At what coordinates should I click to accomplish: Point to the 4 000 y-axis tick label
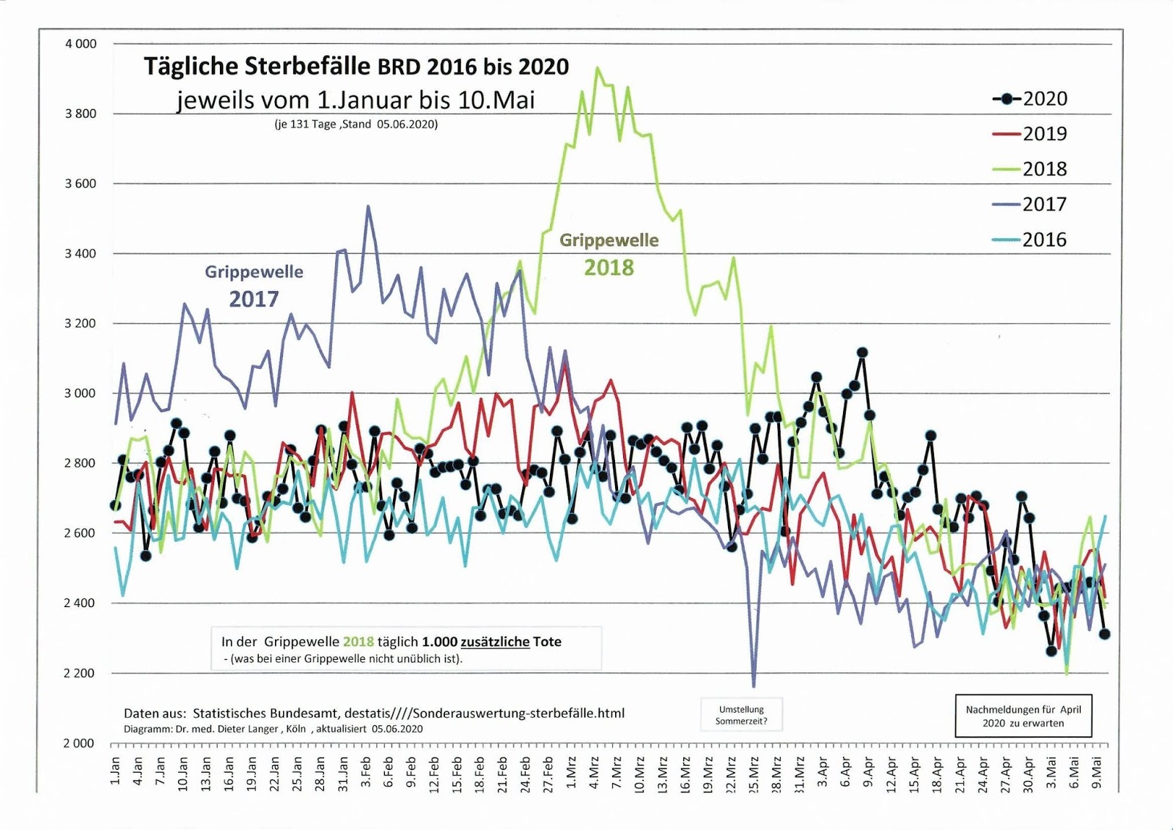pyautogui.click(x=81, y=44)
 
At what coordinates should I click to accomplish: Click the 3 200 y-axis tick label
pyautogui.click(x=81, y=323)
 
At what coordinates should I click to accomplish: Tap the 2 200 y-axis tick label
pyautogui.click(x=81, y=673)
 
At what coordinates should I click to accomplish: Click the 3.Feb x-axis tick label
pyautogui.click(x=366, y=772)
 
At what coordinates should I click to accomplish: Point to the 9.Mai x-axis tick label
pyautogui.click(x=1097, y=772)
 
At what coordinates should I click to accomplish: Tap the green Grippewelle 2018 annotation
pyautogui.click(x=608, y=254)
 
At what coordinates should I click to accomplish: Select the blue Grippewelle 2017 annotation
pyautogui.click(x=254, y=285)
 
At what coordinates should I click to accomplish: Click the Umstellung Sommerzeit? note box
pyautogui.click(x=741, y=715)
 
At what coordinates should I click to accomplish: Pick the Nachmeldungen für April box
pyautogui.click(x=1023, y=716)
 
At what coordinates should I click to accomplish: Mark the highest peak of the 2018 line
pyautogui.click(x=597, y=68)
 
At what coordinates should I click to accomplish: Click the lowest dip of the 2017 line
pyautogui.click(x=754, y=686)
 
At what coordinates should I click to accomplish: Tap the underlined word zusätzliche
pyautogui.click(x=494, y=642)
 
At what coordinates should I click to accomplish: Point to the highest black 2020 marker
pyautogui.click(x=862, y=353)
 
